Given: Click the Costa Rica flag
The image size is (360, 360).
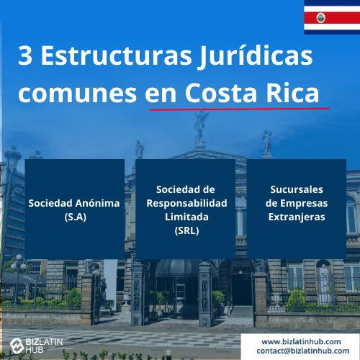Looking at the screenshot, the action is tap(332, 17).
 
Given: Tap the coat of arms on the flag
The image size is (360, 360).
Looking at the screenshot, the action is tap(321, 18).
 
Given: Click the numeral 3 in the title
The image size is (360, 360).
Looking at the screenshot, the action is tap(25, 55).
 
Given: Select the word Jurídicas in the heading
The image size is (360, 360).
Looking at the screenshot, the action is tap(256, 57).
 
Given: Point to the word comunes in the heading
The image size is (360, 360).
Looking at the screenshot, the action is tap(78, 94).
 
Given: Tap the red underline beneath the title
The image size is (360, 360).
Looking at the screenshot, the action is tap(240, 109).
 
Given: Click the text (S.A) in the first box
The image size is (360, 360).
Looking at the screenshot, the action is tap(76, 217).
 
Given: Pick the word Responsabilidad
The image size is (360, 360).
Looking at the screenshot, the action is tap(186, 203).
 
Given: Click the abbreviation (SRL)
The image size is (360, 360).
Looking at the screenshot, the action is tap(186, 231).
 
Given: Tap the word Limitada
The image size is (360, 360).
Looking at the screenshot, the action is tap(186, 217).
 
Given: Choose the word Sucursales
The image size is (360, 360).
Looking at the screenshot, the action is tap(297, 189).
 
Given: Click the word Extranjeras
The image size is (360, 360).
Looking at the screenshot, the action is tap(297, 217).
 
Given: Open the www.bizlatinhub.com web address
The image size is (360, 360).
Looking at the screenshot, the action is tap(301, 341).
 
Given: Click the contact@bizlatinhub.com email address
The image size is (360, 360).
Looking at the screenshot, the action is tap(303, 351).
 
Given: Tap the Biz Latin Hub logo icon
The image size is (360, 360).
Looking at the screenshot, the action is tap(17, 346).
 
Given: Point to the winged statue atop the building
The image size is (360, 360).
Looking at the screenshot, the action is tap(201, 127).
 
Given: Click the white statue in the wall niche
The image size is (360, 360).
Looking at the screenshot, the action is tap(324, 283).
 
